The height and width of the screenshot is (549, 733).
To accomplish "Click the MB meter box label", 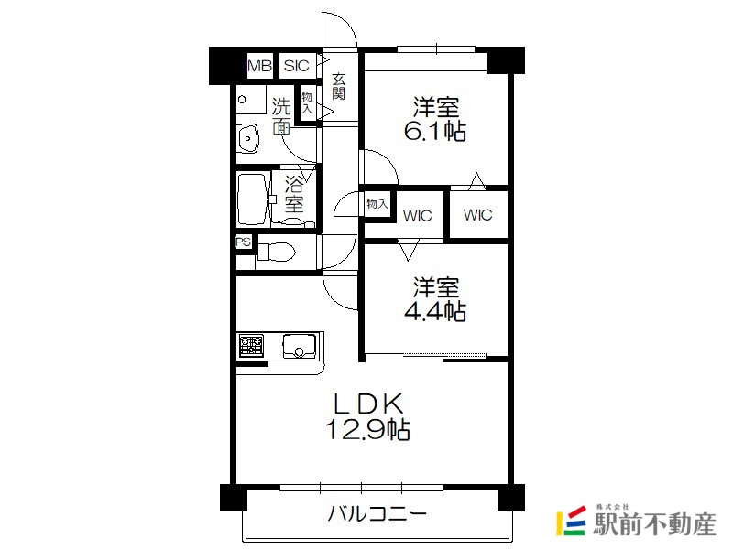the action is click(259, 66).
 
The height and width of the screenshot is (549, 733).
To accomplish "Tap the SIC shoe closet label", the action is click(296, 66).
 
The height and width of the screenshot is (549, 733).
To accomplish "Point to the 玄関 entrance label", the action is click(338, 86).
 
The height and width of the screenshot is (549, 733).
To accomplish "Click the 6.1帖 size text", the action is click(434, 131).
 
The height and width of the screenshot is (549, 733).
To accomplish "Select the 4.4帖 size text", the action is click(434, 311).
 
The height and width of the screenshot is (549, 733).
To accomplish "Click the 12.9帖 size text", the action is click(367, 429).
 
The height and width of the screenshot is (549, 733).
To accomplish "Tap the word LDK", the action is click(367, 404).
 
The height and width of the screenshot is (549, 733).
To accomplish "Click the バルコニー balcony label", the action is click(377, 514).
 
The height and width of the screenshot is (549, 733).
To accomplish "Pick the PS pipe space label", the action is click(243, 242).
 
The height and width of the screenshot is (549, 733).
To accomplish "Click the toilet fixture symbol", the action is click(277, 253).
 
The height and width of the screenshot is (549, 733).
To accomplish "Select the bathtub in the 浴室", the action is click(253, 199).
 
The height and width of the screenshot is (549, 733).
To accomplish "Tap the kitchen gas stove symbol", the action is click(251, 346).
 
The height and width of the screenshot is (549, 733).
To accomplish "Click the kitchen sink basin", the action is click(299, 346).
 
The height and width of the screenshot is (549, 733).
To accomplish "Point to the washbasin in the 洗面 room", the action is click(248, 139).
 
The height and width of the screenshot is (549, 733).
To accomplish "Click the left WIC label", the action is click(417, 216).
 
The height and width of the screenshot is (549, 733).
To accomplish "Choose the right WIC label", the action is click(477, 215).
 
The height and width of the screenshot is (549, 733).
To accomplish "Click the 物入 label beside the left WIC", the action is click(377, 204).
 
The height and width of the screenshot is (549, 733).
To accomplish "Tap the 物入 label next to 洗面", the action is click(307, 102).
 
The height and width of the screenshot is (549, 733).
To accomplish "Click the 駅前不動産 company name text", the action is click(654, 523).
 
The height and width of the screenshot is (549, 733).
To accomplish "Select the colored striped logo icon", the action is click(571, 521).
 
